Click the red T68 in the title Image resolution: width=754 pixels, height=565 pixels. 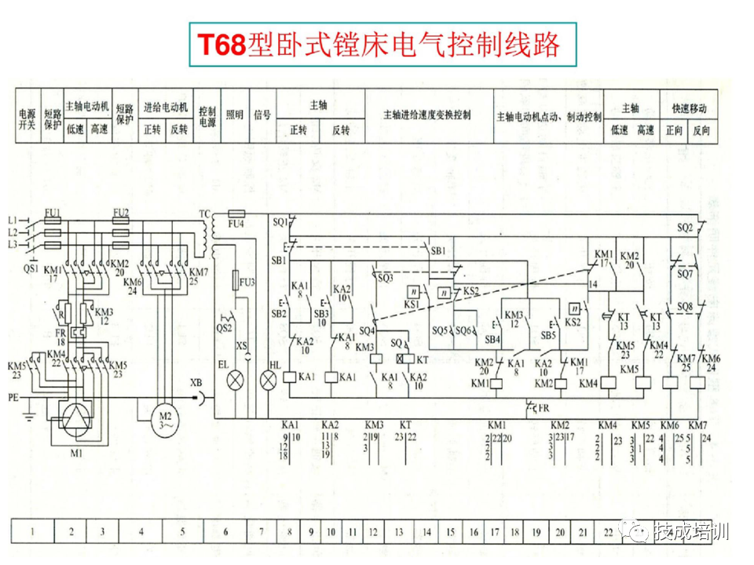[221, 45]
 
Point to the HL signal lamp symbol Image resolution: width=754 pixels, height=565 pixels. [269, 380]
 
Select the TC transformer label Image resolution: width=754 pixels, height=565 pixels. [205, 213]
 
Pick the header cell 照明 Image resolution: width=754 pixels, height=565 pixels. [235, 115]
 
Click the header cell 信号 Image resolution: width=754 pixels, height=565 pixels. [262, 115]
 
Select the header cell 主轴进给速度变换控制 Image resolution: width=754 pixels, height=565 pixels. [427, 115]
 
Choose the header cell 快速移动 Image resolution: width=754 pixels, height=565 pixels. [688, 108]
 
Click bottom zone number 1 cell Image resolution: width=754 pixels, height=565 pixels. [32, 532]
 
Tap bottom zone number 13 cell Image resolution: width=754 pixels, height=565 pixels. [399, 532]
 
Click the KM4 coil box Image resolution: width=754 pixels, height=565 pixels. [609, 383]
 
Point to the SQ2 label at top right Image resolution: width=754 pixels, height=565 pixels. [685, 228]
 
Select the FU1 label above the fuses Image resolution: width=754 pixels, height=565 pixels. [53, 213]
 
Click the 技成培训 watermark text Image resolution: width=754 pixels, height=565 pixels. [689, 531]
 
